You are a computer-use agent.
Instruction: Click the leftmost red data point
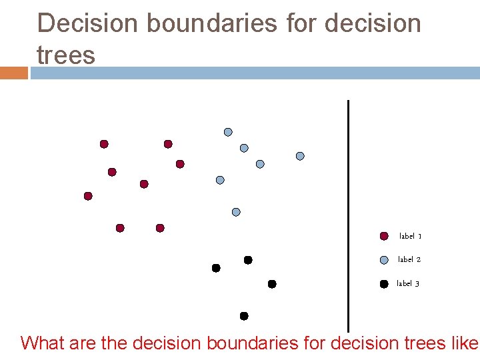88,196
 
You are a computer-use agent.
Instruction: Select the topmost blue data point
228,132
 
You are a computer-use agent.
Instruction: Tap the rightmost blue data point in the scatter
300,156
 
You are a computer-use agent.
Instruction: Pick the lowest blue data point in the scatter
236,212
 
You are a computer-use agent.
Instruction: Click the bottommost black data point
244,316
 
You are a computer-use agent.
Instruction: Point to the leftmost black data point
216,268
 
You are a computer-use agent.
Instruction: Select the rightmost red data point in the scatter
180,164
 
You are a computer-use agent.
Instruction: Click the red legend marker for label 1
384,236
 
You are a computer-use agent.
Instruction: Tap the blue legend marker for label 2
384,260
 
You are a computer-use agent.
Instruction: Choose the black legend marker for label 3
384,284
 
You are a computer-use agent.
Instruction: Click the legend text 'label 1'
410,236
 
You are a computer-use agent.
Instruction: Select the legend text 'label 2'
409,259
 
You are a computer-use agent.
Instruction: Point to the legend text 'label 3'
408,283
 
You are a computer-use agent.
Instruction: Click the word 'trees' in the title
66,55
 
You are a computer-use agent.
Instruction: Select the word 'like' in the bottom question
465,343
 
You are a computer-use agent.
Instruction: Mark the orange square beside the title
13,73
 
